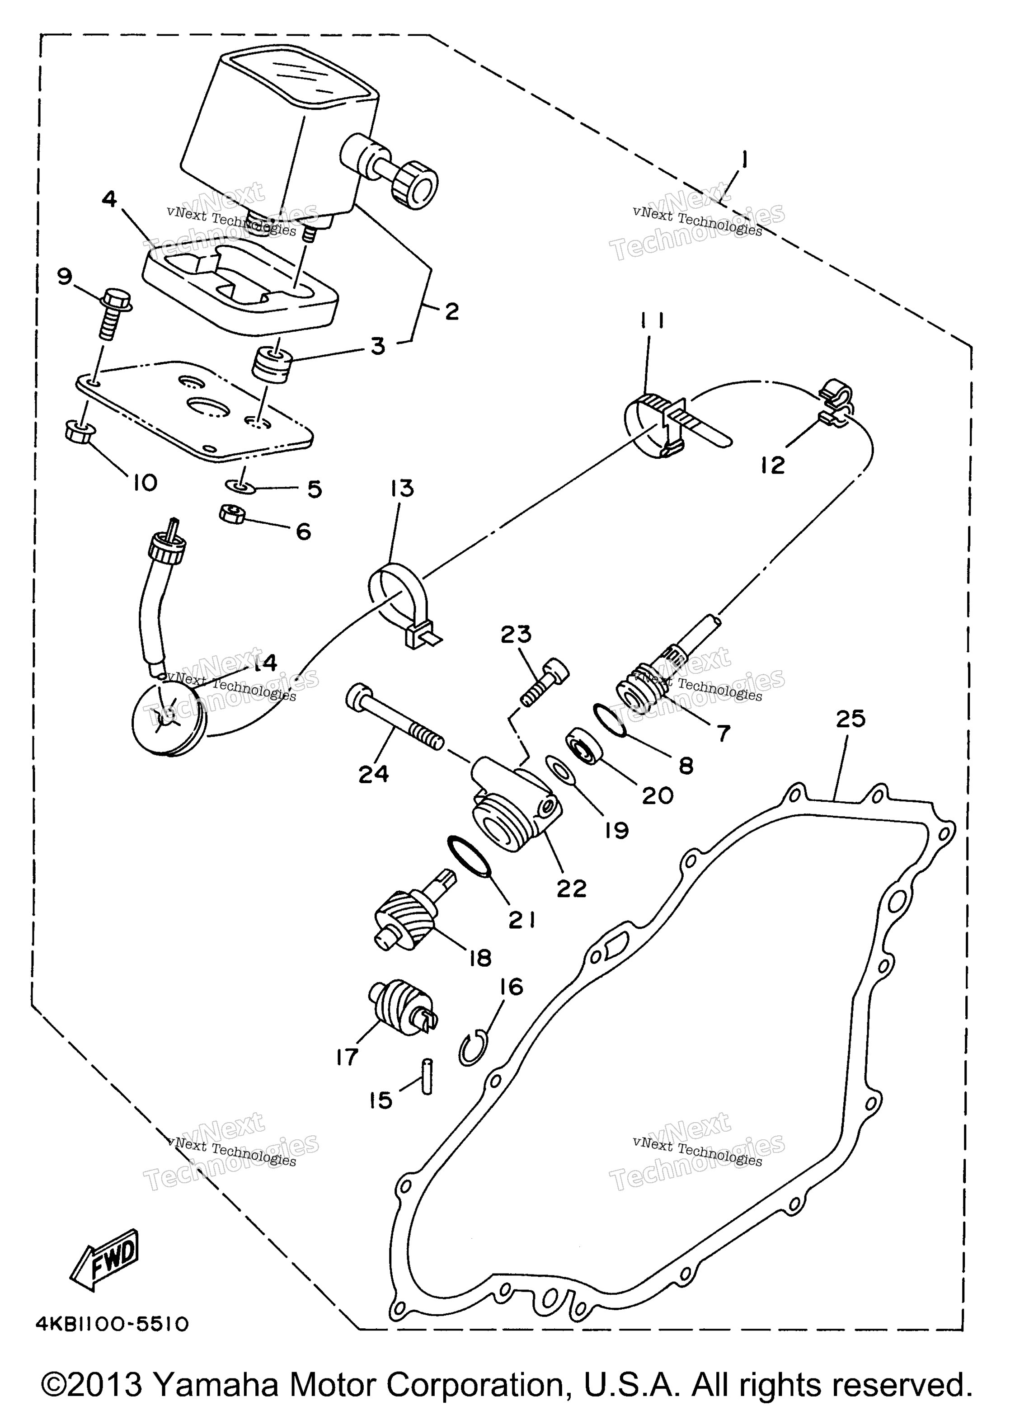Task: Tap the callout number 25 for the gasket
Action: coord(850,719)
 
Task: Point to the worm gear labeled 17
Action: coord(403,1010)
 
